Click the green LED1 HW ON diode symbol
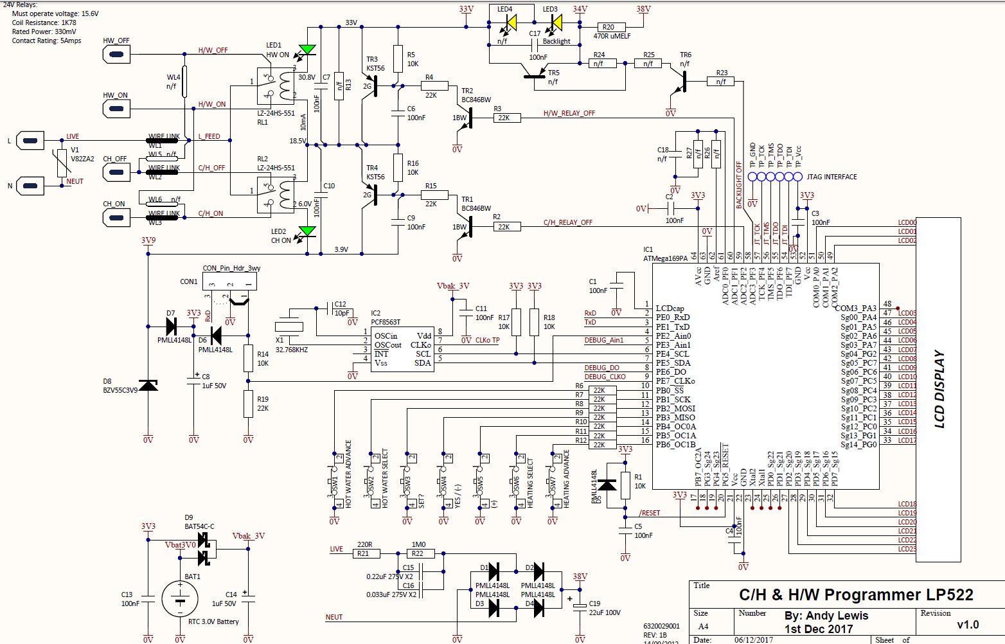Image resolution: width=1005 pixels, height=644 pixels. pyautogui.click(x=308, y=49)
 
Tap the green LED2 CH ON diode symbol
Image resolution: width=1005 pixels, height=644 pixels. pyautogui.click(x=308, y=231)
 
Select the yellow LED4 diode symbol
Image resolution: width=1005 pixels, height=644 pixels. pyautogui.click(x=511, y=22)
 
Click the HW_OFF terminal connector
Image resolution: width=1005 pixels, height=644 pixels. pyautogui.click(x=116, y=55)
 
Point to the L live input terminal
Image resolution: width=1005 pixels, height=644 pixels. pyautogui.click(x=30, y=140)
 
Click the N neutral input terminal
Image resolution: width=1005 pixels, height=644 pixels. pyautogui.click(x=30, y=186)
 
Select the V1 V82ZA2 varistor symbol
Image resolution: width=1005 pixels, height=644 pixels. pyautogui.click(x=61, y=163)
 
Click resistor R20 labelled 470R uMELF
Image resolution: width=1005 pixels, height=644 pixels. pyautogui.click(x=607, y=27)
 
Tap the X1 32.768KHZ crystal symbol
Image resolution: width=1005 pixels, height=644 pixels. pyautogui.click(x=289, y=326)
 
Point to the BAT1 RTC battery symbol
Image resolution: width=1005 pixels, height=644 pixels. pyautogui.click(x=180, y=600)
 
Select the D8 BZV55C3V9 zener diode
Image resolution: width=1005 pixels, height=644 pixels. pyautogui.click(x=148, y=385)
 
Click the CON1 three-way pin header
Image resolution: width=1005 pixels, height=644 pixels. pyautogui.click(x=229, y=282)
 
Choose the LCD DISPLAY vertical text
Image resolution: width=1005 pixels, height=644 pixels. pyautogui.click(x=939, y=389)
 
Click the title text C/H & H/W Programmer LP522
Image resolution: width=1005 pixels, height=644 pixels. pyautogui.click(x=856, y=595)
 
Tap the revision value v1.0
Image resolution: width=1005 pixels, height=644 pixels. pyautogui.click(x=968, y=624)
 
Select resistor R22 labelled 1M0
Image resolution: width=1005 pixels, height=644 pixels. pyautogui.click(x=418, y=553)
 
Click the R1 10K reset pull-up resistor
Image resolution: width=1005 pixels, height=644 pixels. pyautogui.click(x=625, y=483)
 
